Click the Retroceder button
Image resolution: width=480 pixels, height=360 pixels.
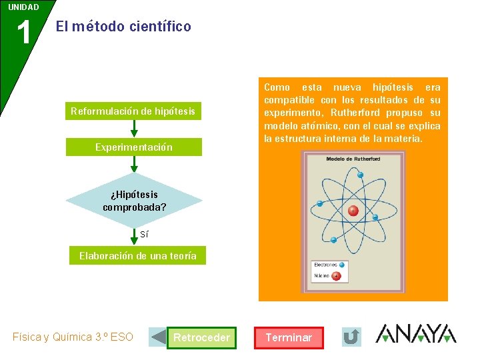(201, 337)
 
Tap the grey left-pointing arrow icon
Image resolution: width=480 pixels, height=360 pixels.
(158, 337)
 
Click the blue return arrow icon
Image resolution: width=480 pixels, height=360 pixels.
(351, 337)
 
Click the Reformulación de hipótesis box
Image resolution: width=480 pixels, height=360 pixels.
(133, 111)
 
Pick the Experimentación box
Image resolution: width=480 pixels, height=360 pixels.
(133, 147)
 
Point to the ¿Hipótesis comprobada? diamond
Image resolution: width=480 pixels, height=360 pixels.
(134, 201)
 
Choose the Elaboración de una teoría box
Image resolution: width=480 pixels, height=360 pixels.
(137, 256)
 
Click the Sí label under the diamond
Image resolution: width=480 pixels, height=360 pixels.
(144, 234)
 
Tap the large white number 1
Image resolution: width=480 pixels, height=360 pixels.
(23, 33)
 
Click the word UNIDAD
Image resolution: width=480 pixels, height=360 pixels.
(23, 7)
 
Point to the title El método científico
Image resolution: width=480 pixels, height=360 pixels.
(123, 27)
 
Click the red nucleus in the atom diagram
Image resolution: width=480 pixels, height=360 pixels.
(353, 211)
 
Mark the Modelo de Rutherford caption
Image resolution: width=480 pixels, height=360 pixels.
(353, 159)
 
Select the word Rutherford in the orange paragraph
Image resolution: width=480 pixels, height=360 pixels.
(355, 113)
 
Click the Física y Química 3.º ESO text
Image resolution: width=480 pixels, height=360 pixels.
(73, 337)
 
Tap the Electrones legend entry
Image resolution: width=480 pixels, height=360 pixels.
(326, 265)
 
